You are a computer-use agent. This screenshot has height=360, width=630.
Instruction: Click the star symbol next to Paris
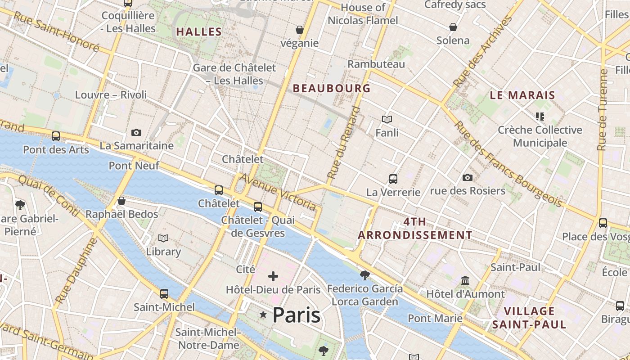[x=263, y=315]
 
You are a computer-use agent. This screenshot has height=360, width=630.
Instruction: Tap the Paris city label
[x=297, y=315]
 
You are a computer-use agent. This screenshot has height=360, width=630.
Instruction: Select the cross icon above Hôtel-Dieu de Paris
[x=273, y=276]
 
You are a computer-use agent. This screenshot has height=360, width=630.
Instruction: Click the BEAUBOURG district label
[x=332, y=88]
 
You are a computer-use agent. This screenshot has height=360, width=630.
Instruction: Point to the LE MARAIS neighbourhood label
[x=522, y=95]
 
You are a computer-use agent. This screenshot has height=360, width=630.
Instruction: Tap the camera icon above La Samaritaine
[x=136, y=132]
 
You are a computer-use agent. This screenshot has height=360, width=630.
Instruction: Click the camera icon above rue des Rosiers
[x=468, y=177]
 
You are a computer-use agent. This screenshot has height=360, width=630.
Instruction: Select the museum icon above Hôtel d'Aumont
[x=465, y=281]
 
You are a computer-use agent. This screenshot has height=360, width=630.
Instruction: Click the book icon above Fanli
[x=387, y=119]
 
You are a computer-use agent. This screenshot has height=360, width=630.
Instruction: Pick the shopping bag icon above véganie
[x=300, y=30]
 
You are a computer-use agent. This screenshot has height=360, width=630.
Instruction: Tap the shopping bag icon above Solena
[x=453, y=27]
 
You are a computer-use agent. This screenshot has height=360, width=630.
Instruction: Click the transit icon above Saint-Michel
[x=164, y=294]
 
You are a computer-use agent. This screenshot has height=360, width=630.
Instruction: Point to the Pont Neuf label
[x=134, y=166]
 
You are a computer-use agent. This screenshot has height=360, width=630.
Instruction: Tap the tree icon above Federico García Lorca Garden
[x=365, y=275]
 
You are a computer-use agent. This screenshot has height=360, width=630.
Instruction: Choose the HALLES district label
[x=199, y=31]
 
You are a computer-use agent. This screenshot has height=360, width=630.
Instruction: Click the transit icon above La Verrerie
[x=393, y=179]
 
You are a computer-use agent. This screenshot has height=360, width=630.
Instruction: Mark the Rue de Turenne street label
[x=603, y=109]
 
